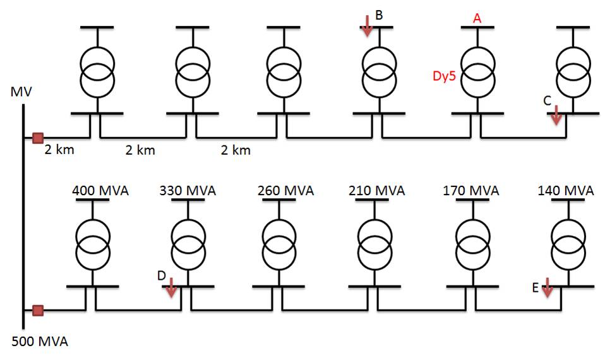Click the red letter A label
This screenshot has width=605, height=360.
(477, 19)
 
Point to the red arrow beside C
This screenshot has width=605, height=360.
(556, 114)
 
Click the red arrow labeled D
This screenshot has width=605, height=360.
(172, 287)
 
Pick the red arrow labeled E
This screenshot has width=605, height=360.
(547, 287)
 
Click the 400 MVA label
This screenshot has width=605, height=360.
(100, 190)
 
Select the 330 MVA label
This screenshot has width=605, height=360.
(188, 190)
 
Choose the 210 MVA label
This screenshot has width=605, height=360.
(377, 190)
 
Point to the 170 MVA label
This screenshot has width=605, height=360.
(470, 190)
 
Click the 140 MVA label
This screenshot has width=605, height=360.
(565, 190)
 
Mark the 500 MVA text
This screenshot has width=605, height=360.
(40, 343)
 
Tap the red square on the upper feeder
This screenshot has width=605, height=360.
(38, 138)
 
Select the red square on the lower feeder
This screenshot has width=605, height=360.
(38, 310)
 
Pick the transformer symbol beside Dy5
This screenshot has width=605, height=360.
(477, 70)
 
